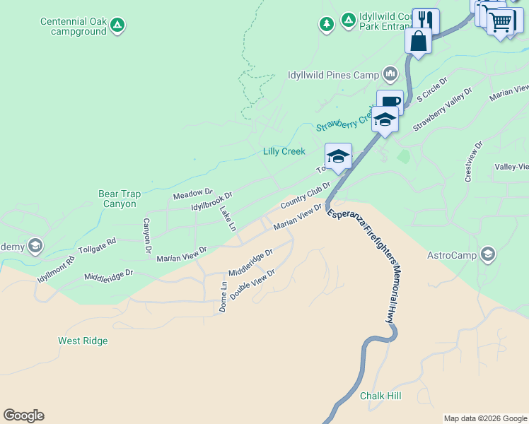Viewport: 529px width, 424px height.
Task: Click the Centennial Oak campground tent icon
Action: click(118, 26)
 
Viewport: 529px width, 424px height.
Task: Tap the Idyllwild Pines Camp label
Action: click(333, 74)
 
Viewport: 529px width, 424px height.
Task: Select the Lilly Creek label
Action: click(284, 151)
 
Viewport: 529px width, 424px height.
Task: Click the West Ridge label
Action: click(83, 341)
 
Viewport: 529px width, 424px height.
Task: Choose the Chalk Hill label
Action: click(380, 396)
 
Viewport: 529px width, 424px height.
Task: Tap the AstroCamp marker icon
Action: click(487, 254)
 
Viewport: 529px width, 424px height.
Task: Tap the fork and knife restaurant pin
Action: click(426, 20)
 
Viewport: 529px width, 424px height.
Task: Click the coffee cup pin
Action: click(390, 102)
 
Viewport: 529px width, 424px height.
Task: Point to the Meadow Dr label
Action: click(192, 193)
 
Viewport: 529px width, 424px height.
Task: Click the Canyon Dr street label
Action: click(148, 235)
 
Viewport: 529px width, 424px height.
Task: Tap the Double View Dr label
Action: click(252, 284)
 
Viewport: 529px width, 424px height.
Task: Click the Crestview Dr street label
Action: click(473, 163)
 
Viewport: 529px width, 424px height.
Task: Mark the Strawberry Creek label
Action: click(344, 123)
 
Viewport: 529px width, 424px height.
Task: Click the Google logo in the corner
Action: click(23, 416)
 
